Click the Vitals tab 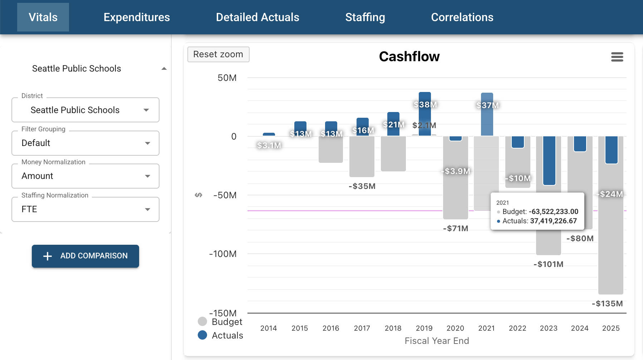click(x=43, y=17)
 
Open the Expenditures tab click(x=137, y=17)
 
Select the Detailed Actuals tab click(x=257, y=17)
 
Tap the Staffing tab click(x=365, y=17)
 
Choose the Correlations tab click(x=462, y=17)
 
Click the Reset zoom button click(x=218, y=54)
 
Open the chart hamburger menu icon click(x=617, y=57)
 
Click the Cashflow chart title click(x=409, y=57)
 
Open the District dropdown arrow click(x=146, y=110)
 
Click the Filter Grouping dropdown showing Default click(x=85, y=143)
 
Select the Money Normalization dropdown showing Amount click(x=85, y=176)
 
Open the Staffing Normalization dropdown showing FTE click(x=85, y=209)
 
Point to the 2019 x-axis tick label click(x=424, y=328)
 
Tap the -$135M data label click(x=607, y=304)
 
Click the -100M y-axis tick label click(x=223, y=254)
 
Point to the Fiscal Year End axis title click(x=437, y=341)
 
